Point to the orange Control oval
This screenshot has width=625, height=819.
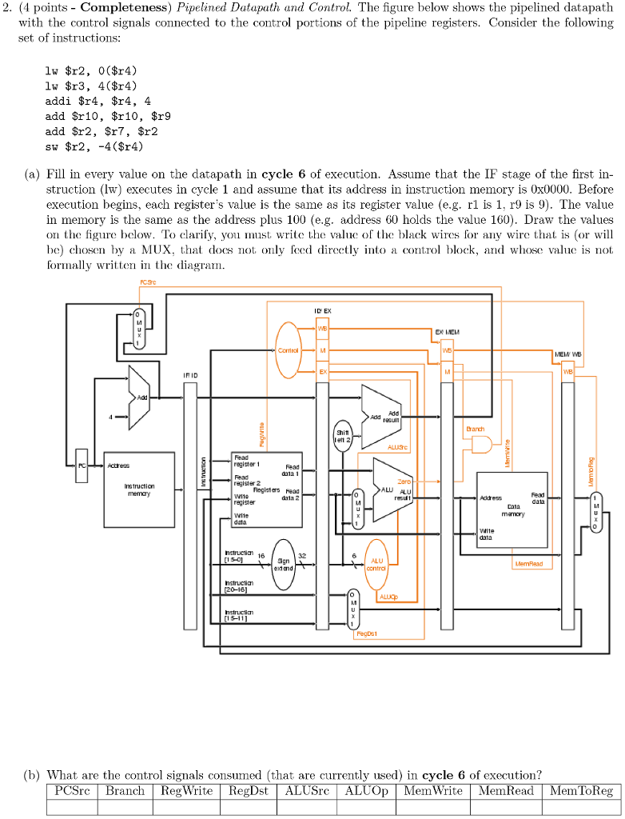click(288, 350)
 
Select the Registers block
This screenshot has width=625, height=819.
click(266, 488)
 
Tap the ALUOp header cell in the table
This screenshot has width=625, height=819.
click(366, 791)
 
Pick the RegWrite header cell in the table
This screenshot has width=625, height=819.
click(186, 791)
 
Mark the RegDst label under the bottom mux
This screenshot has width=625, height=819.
click(366, 633)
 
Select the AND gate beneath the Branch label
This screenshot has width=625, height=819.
click(481, 445)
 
